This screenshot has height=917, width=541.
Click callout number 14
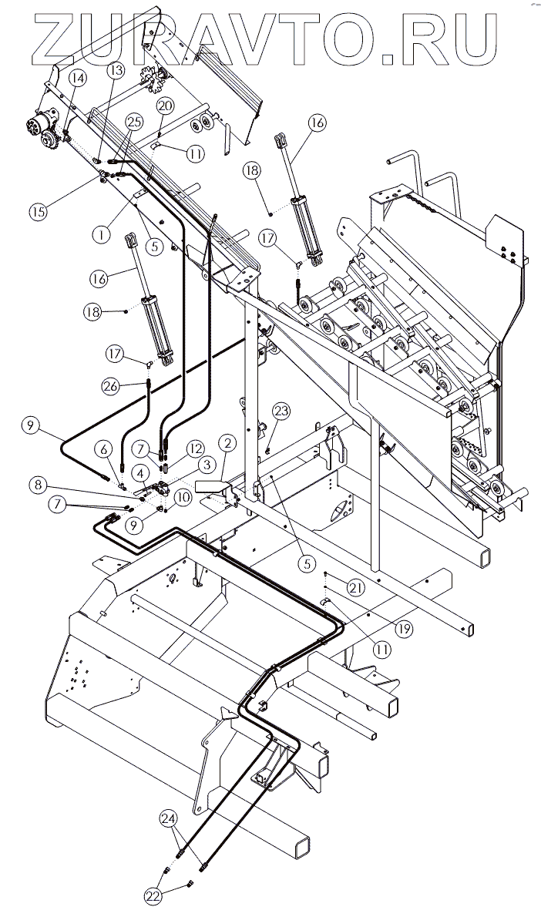coord(78,77)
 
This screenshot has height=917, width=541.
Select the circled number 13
coord(116,70)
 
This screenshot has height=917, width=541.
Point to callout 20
coord(166,106)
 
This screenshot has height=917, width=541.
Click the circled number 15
coord(39,211)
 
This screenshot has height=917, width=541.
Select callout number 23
coord(282,411)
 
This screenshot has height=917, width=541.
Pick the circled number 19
coord(404,629)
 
